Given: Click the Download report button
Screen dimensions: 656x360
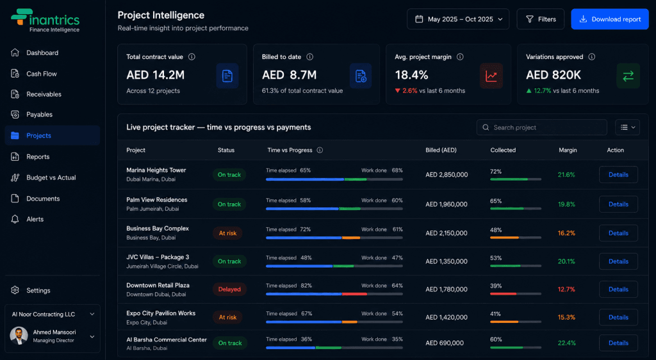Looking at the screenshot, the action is click(x=610, y=19).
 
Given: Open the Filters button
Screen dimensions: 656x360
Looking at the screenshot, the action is click(x=541, y=19).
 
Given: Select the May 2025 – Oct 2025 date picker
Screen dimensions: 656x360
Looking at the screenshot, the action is click(x=458, y=19).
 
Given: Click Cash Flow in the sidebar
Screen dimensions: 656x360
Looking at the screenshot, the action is click(x=42, y=74).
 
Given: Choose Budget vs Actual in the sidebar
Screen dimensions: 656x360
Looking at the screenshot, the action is click(x=51, y=177).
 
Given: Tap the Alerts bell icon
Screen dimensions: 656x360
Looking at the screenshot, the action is click(x=15, y=219).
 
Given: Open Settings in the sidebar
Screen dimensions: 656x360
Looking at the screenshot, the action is click(x=38, y=291).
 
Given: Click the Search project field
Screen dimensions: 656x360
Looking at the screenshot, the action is click(x=542, y=127).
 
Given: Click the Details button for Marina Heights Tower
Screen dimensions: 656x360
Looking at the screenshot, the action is click(x=618, y=175).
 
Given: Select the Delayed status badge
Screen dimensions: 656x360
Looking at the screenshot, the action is click(x=229, y=290).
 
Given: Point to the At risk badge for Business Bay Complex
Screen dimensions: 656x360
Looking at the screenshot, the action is click(x=227, y=233).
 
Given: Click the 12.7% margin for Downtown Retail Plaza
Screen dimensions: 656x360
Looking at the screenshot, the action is click(x=566, y=290).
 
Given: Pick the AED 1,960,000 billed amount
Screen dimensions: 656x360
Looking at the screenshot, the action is click(x=447, y=204).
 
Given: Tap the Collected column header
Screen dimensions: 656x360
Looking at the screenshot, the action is click(x=503, y=150).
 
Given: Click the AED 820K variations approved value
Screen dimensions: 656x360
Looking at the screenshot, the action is click(x=553, y=75).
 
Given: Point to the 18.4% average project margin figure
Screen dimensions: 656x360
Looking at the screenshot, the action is click(x=411, y=75).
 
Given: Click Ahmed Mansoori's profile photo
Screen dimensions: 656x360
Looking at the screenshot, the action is click(x=19, y=336).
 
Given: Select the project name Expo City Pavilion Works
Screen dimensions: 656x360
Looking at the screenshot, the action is click(x=161, y=313).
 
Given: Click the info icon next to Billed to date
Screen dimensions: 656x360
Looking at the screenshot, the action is click(x=309, y=57).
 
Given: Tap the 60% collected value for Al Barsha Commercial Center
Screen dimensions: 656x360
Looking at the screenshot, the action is click(x=496, y=340).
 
